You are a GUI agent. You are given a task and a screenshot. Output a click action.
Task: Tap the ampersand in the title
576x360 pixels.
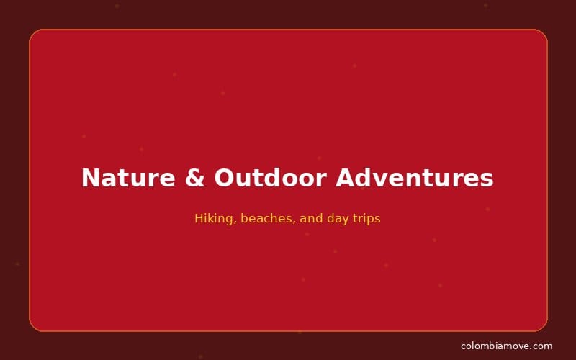tap(194, 178)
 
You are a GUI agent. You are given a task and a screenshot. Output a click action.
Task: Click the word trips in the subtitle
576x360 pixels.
tap(366, 218)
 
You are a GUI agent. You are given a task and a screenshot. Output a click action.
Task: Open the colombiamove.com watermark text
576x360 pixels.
tap(506, 346)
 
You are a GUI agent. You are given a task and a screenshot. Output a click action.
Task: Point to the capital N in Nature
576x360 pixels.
tap(91, 178)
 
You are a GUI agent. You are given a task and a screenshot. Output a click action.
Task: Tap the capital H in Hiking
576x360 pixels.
tap(199, 218)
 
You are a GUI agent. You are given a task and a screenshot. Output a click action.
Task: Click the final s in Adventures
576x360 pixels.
tap(487, 179)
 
